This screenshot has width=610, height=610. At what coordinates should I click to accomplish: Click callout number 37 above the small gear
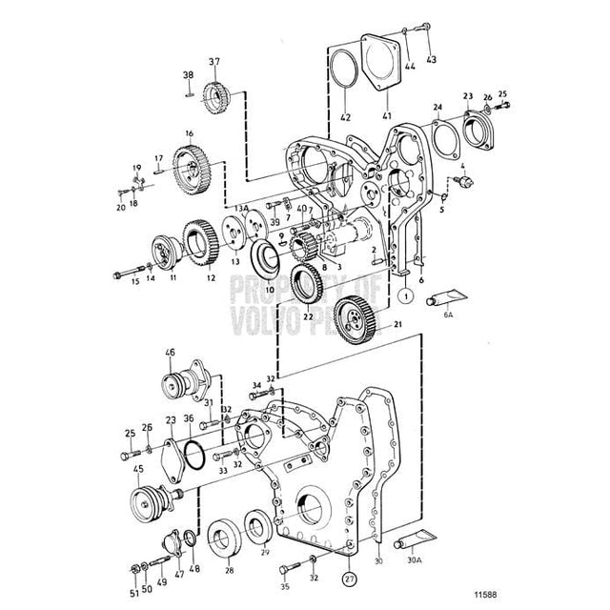(214, 63)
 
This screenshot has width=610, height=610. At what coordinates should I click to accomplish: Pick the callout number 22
(308, 316)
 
